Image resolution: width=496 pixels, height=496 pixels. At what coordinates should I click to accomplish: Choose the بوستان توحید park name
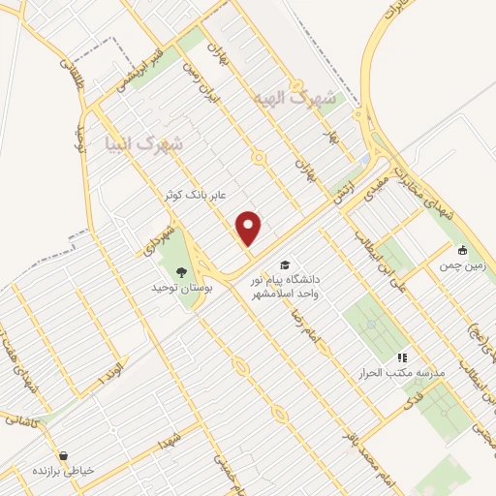176,288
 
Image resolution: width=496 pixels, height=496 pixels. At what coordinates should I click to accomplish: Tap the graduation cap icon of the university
285,265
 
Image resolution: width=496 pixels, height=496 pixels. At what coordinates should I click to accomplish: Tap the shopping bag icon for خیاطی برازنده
63,454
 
